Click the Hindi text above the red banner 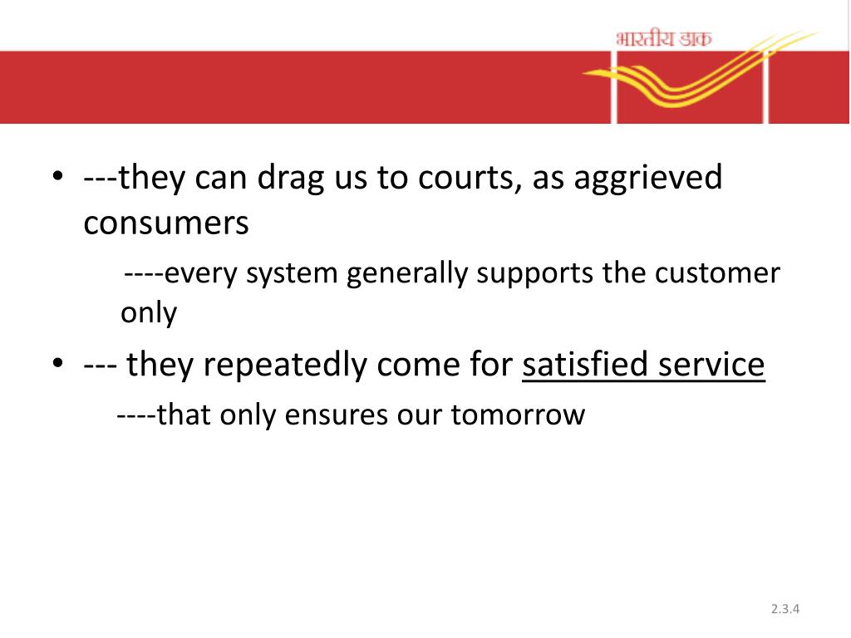(x=663, y=39)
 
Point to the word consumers (x=165, y=223)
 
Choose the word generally (x=408, y=274)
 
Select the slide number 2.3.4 (x=784, y=610)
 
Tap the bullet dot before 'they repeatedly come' (x=57, y=366)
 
